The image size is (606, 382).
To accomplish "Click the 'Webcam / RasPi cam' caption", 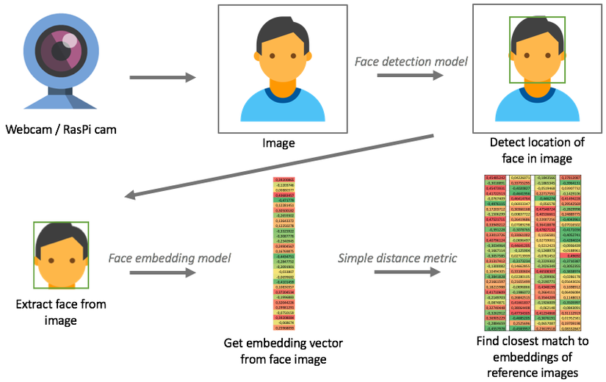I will coord(62,130).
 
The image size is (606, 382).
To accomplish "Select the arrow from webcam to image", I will coord(163,77).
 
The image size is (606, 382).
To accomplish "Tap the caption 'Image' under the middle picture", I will coord(278,143).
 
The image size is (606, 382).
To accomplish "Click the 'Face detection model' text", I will coord(411,62).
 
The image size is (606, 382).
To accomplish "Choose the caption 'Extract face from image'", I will coord(60,311).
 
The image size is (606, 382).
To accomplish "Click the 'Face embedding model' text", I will coord(170,258).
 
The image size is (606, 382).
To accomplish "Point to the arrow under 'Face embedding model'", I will coord(164,273).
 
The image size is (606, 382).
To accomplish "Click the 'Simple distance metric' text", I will coord(396,258).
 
